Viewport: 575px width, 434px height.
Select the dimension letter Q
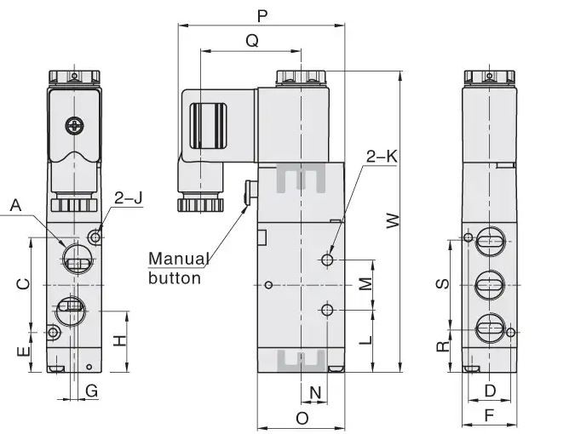point(251,41)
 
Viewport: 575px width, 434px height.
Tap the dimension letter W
point(392,220)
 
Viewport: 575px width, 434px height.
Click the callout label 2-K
point(381,157)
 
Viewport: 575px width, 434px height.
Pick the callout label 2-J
point(129,198)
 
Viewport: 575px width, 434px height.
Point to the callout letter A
point(14,205)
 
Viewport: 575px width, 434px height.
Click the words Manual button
point(179,267)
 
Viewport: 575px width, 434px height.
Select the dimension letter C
point(24,283)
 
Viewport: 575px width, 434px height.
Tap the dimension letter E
point(24,350)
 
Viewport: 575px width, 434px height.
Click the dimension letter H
point(120,340)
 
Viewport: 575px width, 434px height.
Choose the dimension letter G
point(92,390)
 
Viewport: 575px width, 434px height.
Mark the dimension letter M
point(365,283)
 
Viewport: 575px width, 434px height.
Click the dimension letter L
point(365,340)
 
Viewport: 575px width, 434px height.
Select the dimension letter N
point(315,392)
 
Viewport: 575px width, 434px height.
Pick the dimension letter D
point(489,390)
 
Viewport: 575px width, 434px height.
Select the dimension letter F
point(489,415)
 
